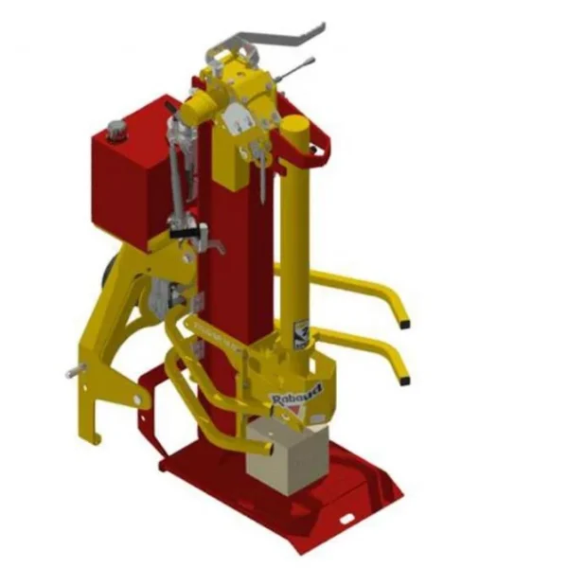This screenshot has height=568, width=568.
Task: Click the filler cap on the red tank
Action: point(117,127)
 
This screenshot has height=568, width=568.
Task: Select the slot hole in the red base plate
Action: point(348,519)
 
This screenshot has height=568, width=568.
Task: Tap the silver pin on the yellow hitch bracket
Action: point(75,371)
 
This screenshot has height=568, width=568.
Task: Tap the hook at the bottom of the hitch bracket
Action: point(90,437)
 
